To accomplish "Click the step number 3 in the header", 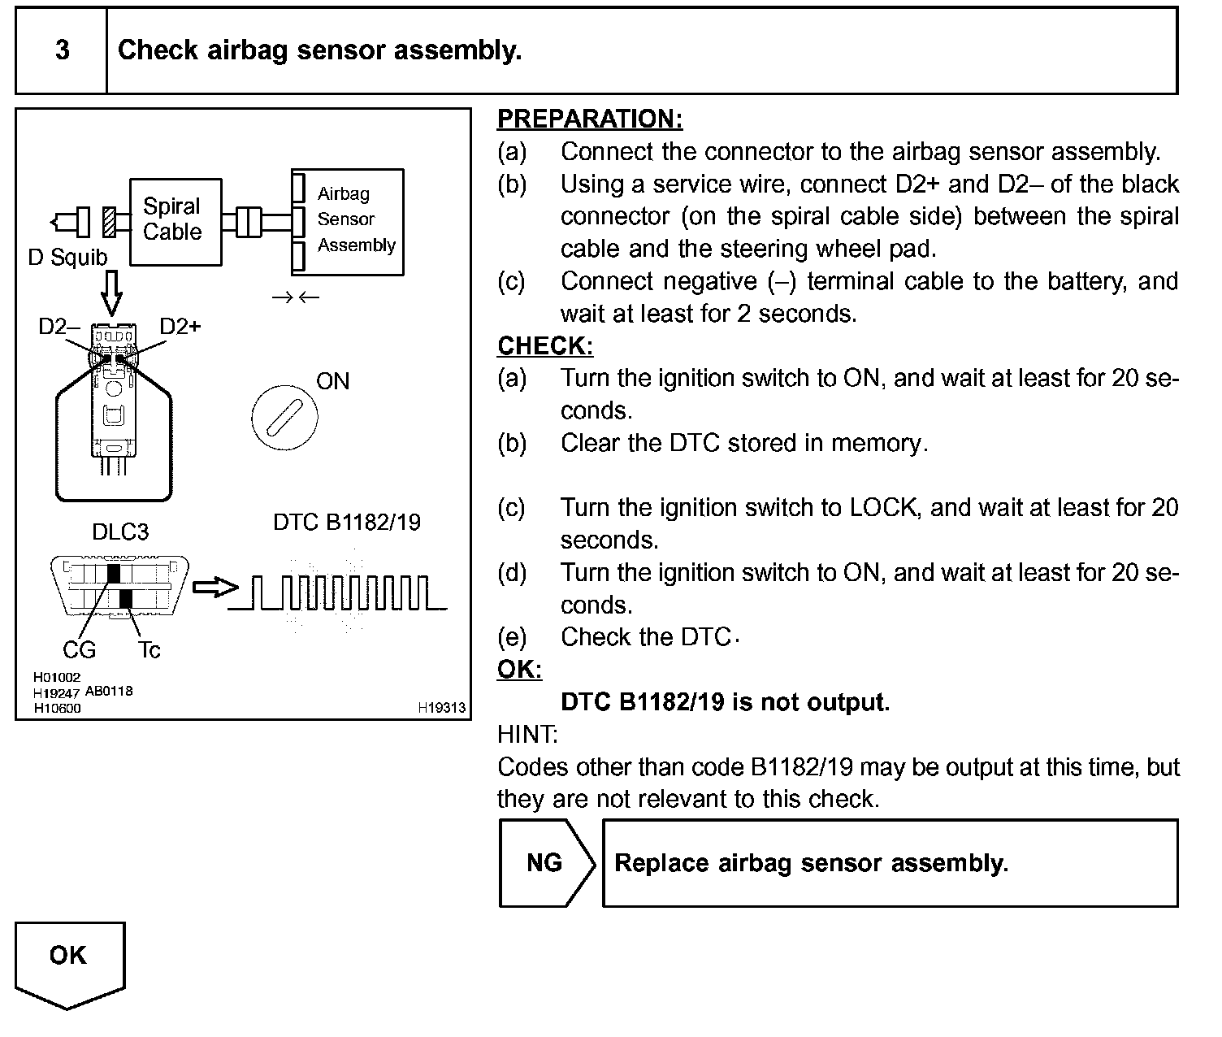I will (62, 50).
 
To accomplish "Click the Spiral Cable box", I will (175, 221).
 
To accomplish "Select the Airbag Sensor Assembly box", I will (348, 221).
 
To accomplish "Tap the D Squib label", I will (67, 258).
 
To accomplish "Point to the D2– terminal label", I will (58, 327).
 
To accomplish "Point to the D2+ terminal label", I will (180, 327).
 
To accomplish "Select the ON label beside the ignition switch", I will (333, 381).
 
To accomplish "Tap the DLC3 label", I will (120, 532).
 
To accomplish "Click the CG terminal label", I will (79, 650).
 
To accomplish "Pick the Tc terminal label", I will (149, 650).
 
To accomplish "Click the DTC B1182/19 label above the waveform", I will (347, 522).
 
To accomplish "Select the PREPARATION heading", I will (590, 119).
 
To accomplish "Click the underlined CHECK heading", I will (545, 346).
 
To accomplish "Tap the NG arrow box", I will (546, 863).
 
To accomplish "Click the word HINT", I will (527, 735).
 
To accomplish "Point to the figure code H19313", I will (442, 708).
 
